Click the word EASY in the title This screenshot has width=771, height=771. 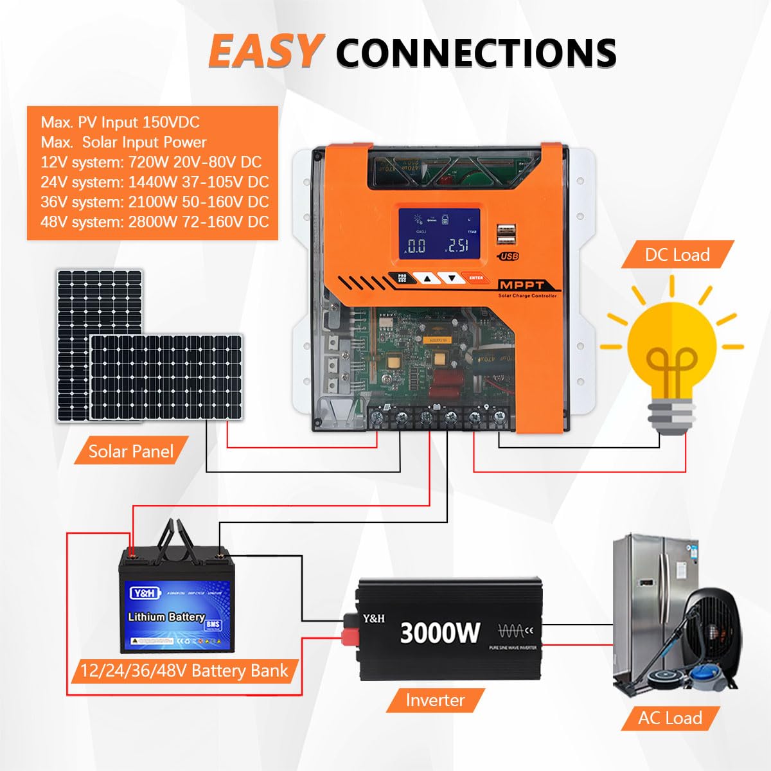point(263,51)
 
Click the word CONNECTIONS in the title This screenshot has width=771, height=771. point(475,53)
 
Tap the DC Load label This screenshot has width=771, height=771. point(677,254)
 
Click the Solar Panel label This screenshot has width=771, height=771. point(131,451)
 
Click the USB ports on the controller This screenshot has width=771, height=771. point(506,235)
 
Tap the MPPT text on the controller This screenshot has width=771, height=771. point(522,285)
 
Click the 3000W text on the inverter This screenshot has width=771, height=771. point(439,632)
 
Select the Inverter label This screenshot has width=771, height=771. point(435,700)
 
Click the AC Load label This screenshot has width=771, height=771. point(670,718)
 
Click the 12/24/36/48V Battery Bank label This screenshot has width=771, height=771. point(184,671)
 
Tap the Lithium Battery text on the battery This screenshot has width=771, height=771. point(166,617)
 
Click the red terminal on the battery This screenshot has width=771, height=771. point(132,552)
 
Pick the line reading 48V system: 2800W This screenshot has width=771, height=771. point(154,222)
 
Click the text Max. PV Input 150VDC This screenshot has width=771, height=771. point(120,122)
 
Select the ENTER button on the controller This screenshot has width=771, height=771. point(476,278)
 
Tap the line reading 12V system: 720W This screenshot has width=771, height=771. point(151,162)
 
